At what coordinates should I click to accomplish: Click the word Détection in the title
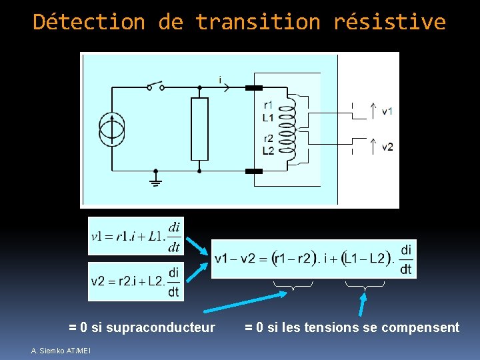tap(89, 22)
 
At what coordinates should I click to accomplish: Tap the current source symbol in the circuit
tap(112, 129)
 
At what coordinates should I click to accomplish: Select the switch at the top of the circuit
tap(155, 86)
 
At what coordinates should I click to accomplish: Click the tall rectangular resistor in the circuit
tap(199, 129)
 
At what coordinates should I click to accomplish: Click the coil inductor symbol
tap(287, 129)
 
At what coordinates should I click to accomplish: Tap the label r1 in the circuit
tap(268, 105)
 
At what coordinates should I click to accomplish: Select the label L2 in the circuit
tap(268, 151)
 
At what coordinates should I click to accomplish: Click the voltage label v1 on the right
tap(387, 111)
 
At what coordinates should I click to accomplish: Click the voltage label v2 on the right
tap(387, 147)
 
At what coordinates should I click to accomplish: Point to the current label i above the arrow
tap(220, 79)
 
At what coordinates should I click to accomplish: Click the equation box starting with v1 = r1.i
tap(136, 236)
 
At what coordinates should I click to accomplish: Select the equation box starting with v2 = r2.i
tap(136, 281)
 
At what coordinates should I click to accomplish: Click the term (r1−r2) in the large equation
tap(293, 259)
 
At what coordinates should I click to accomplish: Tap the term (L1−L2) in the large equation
tap(364, 259)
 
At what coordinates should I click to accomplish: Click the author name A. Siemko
tap(47, 351)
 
